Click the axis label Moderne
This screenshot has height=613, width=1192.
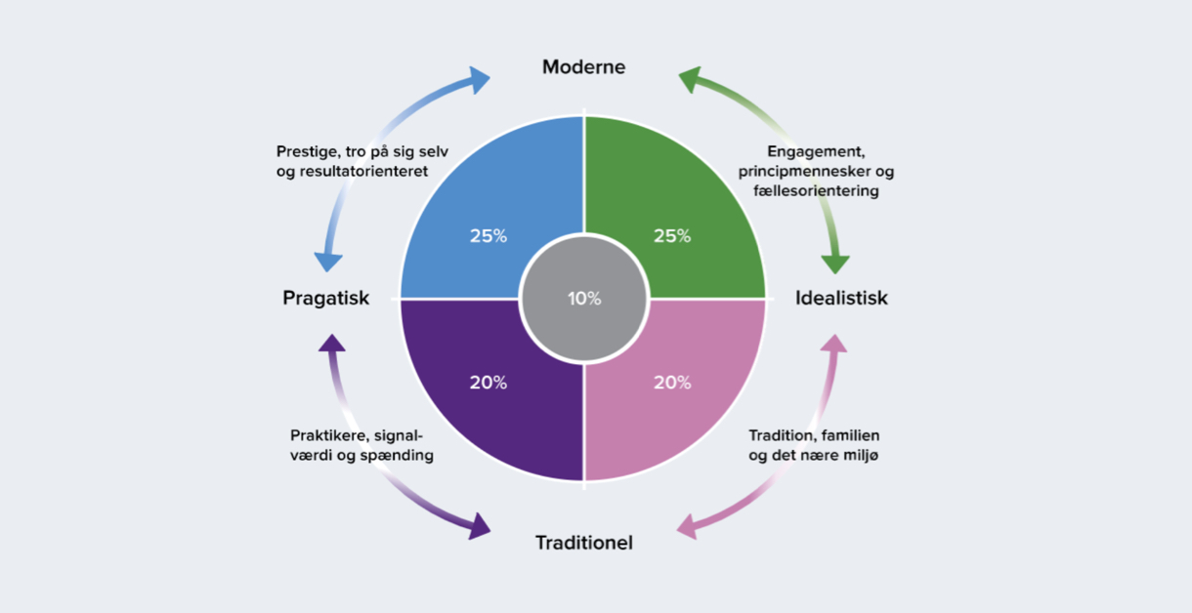pos(583,67)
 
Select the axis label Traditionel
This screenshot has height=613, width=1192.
pos(583,542)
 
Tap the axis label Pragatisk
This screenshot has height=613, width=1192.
pos(326,298)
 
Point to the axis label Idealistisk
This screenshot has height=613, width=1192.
pos(841,298)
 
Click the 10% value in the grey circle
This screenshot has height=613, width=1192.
pos(584,299)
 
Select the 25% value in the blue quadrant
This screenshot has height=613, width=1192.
pos(488,235)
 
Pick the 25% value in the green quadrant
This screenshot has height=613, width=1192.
pos(671,235)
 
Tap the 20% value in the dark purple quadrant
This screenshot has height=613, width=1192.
pos(488,383)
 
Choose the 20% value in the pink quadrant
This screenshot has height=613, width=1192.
pos(671,383)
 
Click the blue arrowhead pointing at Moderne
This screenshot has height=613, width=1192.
pos(478,80)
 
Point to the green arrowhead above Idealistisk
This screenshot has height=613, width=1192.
pos(835,262)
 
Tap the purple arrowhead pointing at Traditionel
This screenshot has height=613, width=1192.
pos(478,528)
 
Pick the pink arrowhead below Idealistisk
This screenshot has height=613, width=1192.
pos(835,345)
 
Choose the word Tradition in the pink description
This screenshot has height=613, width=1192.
pos(781,435)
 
